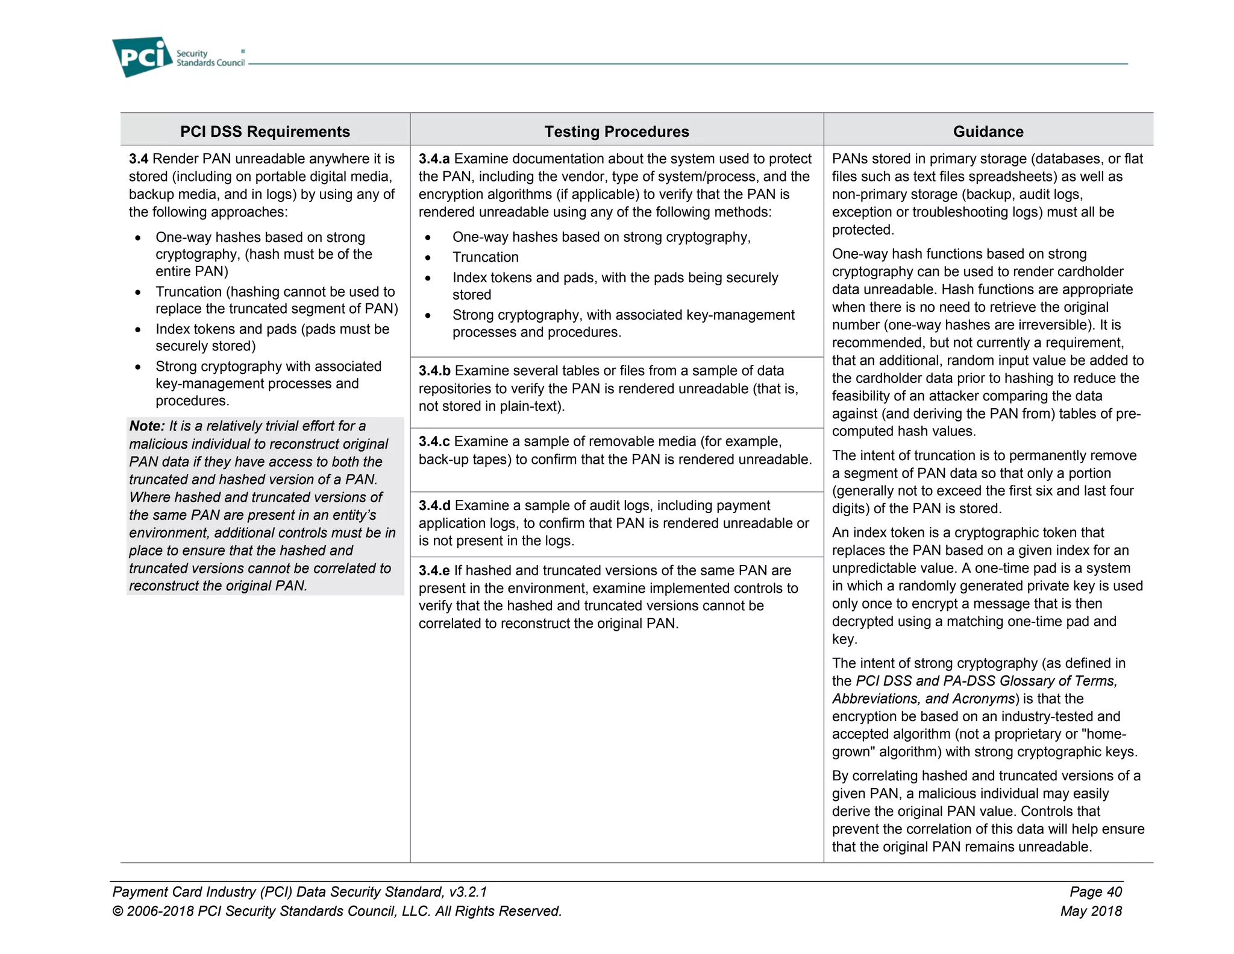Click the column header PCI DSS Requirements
[x=265, y=131]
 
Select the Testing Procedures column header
[x=616, y=131]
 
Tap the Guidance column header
[x=988, y=131]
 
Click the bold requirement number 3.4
[x=139, y=159]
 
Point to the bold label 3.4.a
[x=434, y=159]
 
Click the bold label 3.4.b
[x=434, y=371]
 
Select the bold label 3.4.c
[x=434, y=441]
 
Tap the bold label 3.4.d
[x=434, y=505]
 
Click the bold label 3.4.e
[x=434, y=570]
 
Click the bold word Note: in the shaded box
[x=147, y=426]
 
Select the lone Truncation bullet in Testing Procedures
[x=485, y=257]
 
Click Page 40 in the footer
[x=1095, y=892]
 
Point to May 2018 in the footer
[x=1091, y=911]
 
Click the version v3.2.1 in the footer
[x=468, y=892]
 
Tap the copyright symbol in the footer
[x=118, y=911]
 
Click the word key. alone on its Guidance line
[x=844, y=639]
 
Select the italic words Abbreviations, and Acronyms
[x=924, y=699]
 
